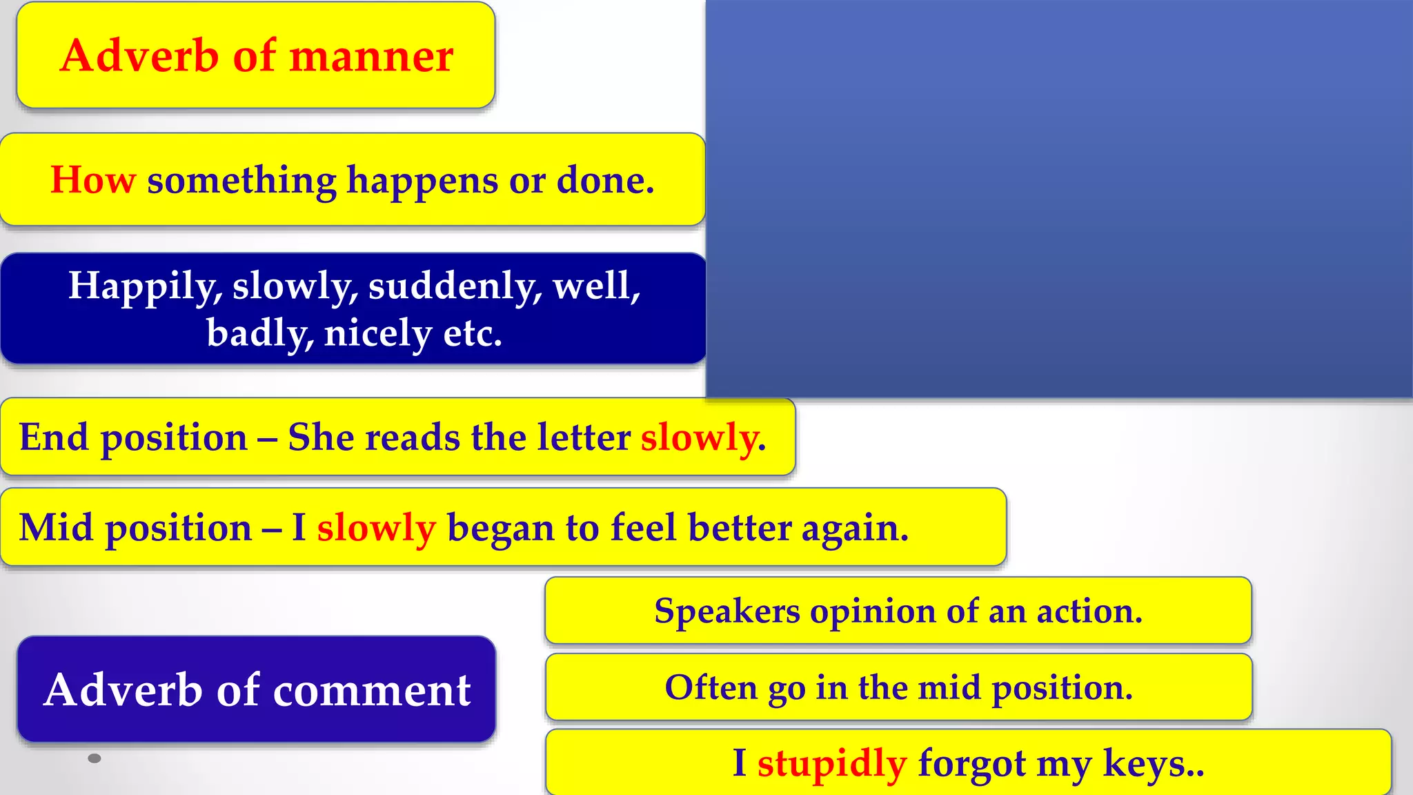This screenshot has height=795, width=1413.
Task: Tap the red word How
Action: point(93,180)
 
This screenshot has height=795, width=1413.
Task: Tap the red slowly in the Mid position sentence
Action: point(376,529)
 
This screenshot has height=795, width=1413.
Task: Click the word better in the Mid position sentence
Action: point(740,529)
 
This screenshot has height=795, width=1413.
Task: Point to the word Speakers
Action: point(727,611)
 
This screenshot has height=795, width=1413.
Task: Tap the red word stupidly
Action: point(831,764)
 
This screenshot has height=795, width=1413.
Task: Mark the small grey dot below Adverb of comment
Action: point(95,758)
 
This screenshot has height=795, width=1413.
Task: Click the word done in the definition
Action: point(604,180)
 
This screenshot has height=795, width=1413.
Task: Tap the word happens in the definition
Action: point(422,181)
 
